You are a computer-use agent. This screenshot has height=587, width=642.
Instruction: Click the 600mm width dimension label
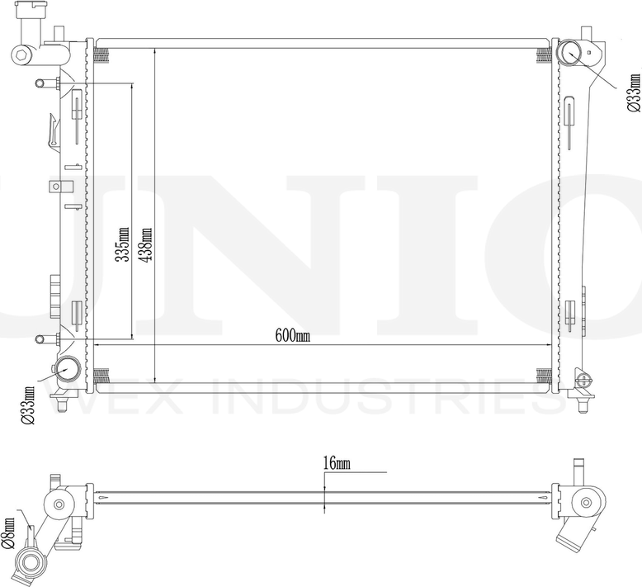292,336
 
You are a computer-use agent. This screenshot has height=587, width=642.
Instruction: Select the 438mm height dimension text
146,244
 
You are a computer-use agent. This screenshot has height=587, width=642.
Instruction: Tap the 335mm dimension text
121,244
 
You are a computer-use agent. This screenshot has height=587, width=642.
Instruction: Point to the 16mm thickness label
337,463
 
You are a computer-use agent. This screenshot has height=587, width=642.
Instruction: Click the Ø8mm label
7,533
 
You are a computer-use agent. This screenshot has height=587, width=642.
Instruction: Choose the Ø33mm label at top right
634,92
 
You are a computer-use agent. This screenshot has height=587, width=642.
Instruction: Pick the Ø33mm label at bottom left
28,405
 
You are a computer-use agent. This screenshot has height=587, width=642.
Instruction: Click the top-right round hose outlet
569,54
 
